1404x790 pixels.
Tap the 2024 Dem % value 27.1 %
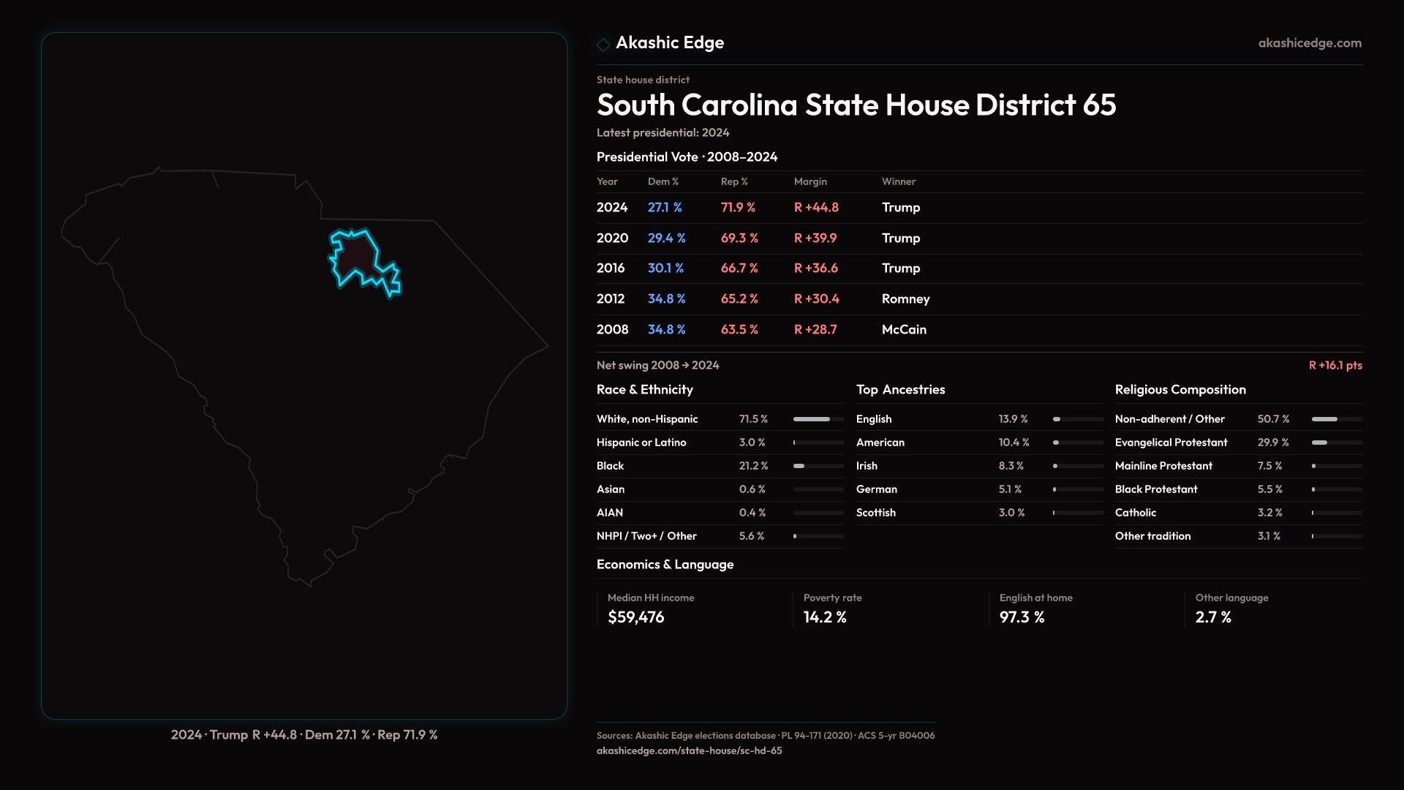tap(665, 208)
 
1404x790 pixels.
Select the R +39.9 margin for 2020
tap(815, 238)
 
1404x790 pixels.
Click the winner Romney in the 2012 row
tap(905, 299)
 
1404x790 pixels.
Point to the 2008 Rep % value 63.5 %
tap(739, 330)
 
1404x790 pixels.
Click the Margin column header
tap(810, 181)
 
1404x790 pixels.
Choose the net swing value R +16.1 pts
tap(1335, 365)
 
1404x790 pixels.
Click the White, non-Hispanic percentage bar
tap(818, 419)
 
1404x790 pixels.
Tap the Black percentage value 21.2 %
tap(753, 466)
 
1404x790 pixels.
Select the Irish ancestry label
tap(867, 466)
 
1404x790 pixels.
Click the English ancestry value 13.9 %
tap(1013, 419)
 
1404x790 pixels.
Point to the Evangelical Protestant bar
tap(1336, 443)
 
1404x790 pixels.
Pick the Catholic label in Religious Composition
tap(1136, 513)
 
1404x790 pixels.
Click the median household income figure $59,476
tap(636, 617)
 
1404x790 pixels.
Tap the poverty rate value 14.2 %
tap(825, 617)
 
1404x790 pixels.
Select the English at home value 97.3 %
tap(1022, 617)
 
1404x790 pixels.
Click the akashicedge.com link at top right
tap(1310, 43)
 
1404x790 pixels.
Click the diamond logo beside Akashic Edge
tap(603, 45)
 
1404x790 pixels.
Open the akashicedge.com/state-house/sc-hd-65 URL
tap(689, 750)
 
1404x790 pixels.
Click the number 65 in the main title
tap(1099, 105)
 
